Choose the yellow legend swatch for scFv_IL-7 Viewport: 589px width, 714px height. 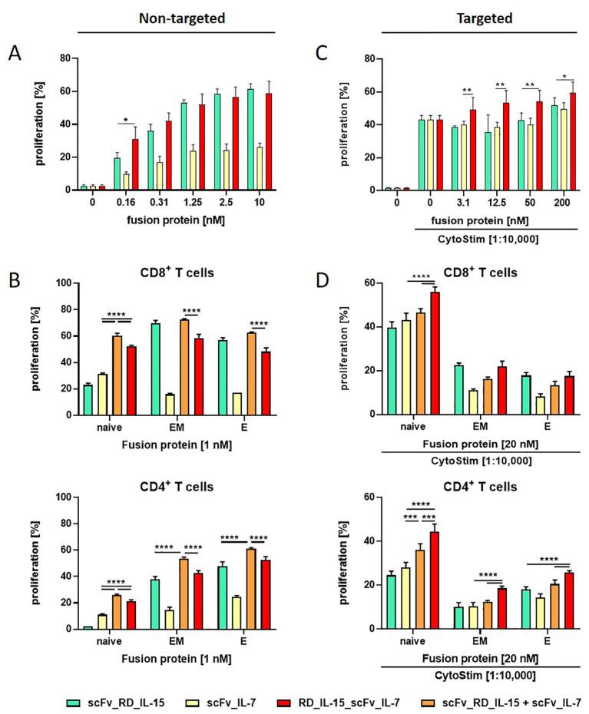[x=190, y=699]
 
